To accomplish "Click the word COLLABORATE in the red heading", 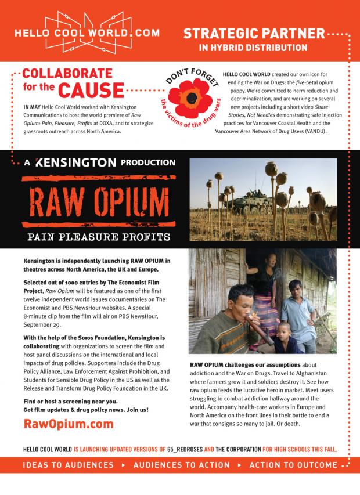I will [x=67, y=74].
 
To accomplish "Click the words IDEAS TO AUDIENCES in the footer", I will [x=69, y=465].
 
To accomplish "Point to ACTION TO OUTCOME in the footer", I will [x=293, y=465].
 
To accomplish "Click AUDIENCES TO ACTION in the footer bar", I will [x=182, y=465].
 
